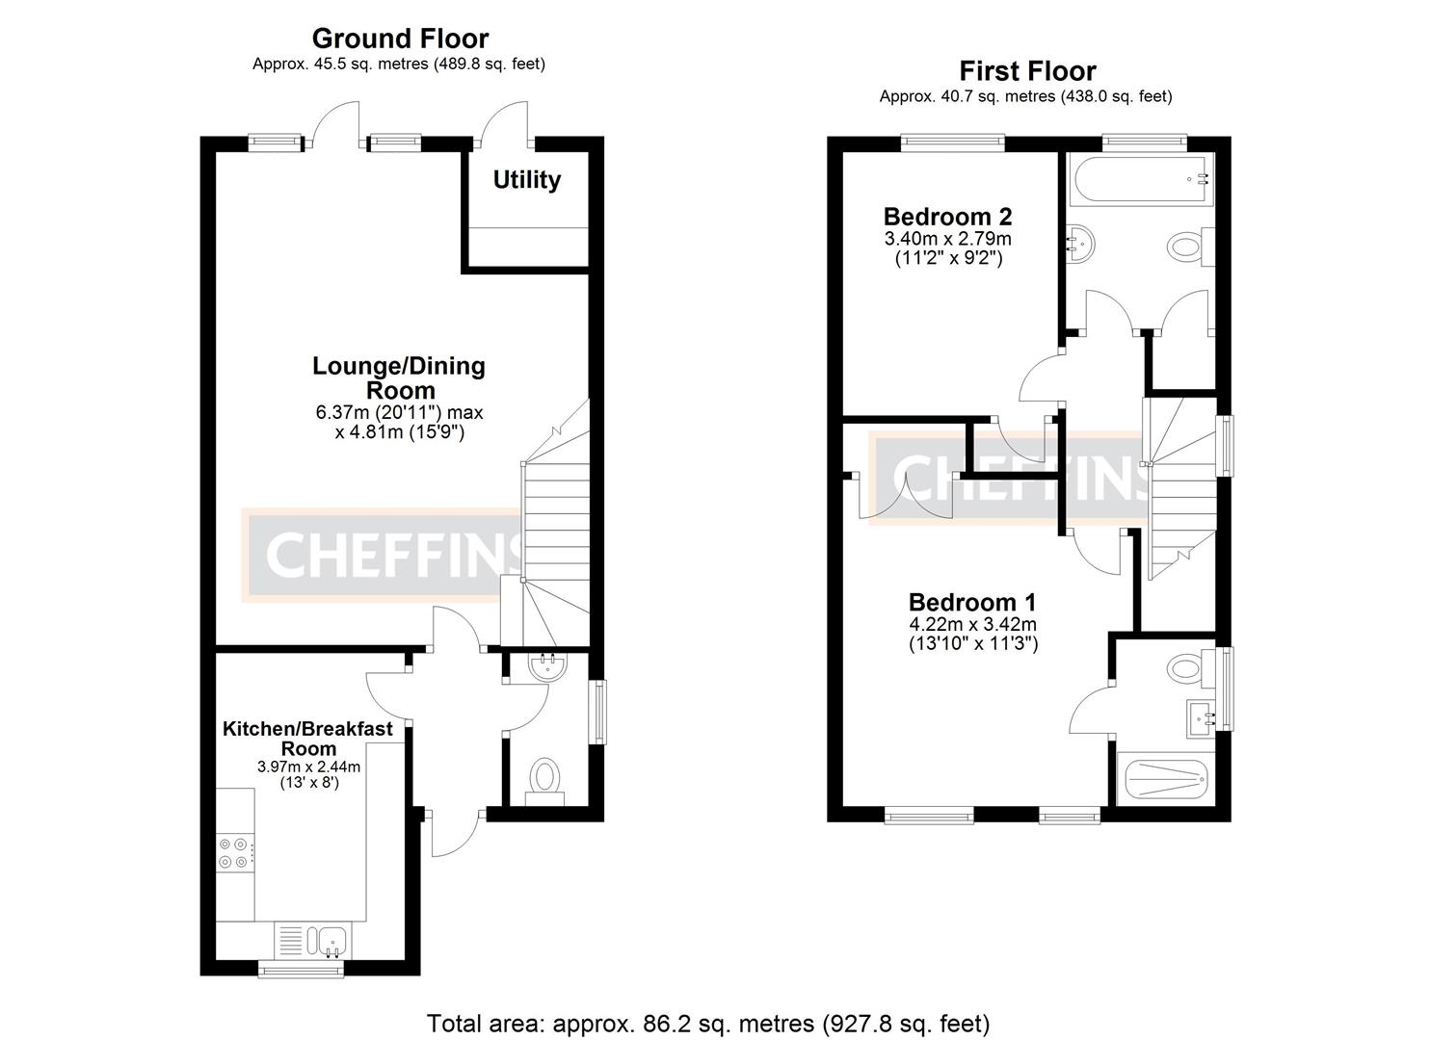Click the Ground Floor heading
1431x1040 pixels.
[400, 39]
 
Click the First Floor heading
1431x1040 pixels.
[1026, 71]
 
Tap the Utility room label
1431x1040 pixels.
[526, 180]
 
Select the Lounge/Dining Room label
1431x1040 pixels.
[399, 377]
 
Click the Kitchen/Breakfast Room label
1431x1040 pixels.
[307, 738]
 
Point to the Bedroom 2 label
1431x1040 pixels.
[947, 216]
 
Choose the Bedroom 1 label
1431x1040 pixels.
[971, 603]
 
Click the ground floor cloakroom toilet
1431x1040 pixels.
[545, 778]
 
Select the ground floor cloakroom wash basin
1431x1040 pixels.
[547, 667]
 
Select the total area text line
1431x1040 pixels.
[707, 1023]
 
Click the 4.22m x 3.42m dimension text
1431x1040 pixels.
[972, 625]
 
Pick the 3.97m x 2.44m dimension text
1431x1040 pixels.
[307, 767]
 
